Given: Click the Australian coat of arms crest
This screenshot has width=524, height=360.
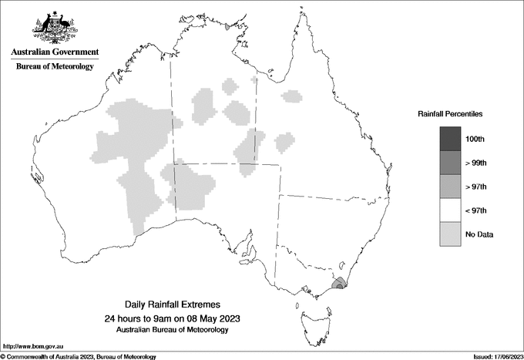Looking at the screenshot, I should [55, 29].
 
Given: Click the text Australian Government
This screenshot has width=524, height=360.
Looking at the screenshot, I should [55, 52].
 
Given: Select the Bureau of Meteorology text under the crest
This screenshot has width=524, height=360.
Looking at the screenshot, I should [55, 66].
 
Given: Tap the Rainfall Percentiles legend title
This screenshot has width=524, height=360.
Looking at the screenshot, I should [450, 113].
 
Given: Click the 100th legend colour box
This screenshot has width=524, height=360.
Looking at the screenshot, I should [450, 139].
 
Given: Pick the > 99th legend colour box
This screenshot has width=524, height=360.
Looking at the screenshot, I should [450, 163].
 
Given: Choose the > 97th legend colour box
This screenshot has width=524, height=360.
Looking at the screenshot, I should [450, 187].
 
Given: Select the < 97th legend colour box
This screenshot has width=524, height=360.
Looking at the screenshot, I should [450, 210].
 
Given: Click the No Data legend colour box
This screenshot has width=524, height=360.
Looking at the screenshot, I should [450, 234].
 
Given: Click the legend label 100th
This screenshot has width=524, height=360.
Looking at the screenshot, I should [475, 139].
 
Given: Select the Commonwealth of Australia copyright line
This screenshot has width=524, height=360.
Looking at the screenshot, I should [79, 356].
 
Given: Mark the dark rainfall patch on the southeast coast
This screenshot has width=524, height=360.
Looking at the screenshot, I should [338, 284].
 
